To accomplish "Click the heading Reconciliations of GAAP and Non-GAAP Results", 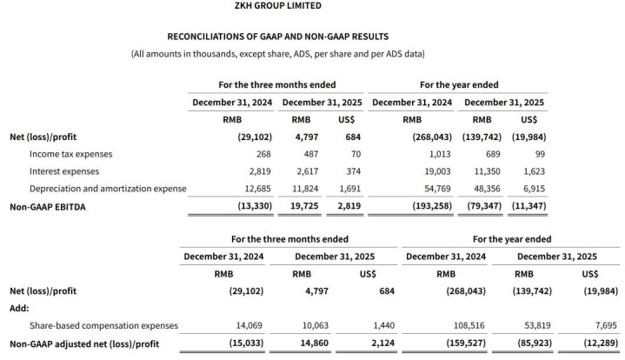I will (x=277, y=37).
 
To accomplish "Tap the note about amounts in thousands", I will (x=277, y=54).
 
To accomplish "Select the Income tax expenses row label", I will (x=70, y=154).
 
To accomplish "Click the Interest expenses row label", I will (x=64, y=171).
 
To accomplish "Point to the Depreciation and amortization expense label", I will (x=108, y=188).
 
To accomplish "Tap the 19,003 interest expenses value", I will (x=435, y=171).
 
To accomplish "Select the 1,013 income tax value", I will (x=437, y=154).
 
